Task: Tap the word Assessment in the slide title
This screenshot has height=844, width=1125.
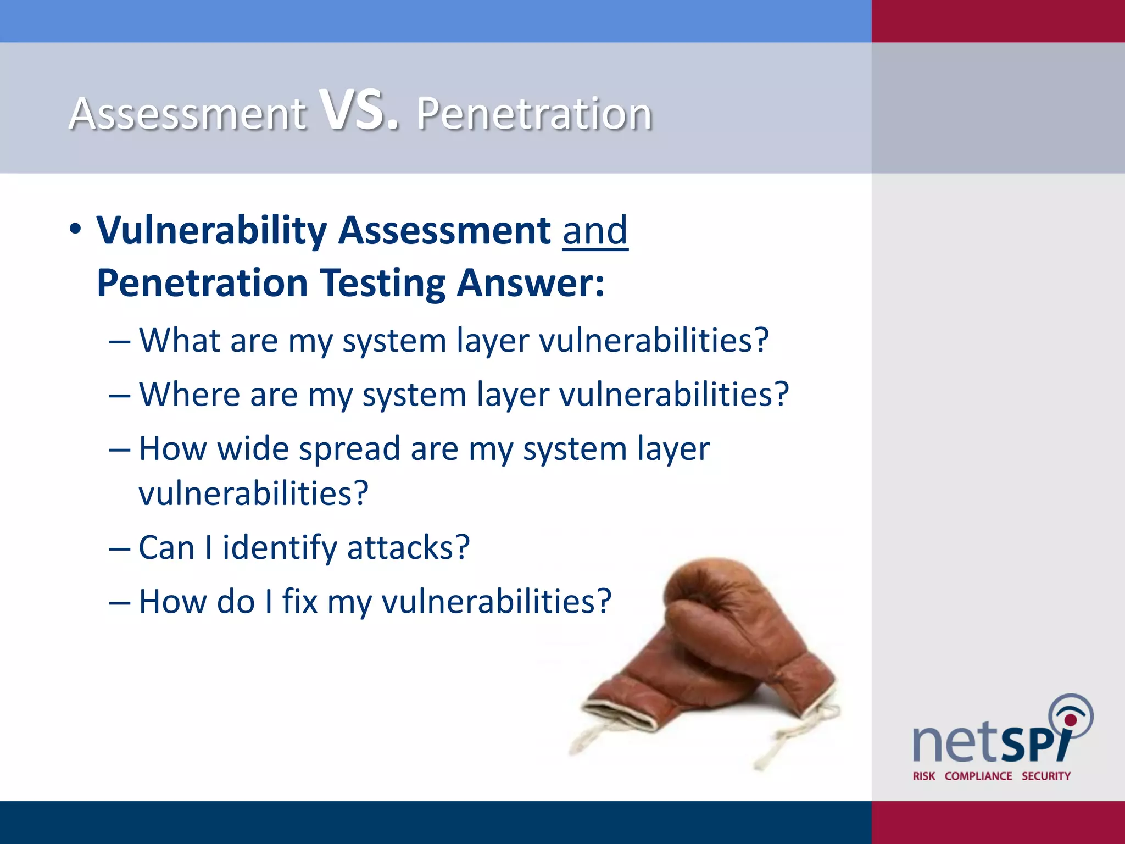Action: [187, 114]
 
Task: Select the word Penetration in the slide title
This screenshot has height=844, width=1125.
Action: [534, 114]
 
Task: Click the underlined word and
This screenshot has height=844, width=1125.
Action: [595, 231]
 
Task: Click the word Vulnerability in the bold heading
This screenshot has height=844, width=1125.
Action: [211, 231]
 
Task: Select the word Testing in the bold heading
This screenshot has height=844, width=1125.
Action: [382, 284]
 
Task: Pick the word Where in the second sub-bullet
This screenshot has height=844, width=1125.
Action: [190, 395]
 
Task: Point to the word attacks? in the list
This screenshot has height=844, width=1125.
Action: [408, 548]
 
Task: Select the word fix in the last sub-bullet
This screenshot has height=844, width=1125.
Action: [300, 601]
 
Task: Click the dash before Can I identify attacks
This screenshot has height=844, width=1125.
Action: [120, 549]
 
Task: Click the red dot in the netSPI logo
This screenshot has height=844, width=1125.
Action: [1070, 720]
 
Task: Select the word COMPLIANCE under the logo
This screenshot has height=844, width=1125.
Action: [978, 776]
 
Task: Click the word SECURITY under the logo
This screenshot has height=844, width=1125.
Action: [1046, 776]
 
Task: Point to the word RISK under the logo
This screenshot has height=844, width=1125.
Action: [923, 776]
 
